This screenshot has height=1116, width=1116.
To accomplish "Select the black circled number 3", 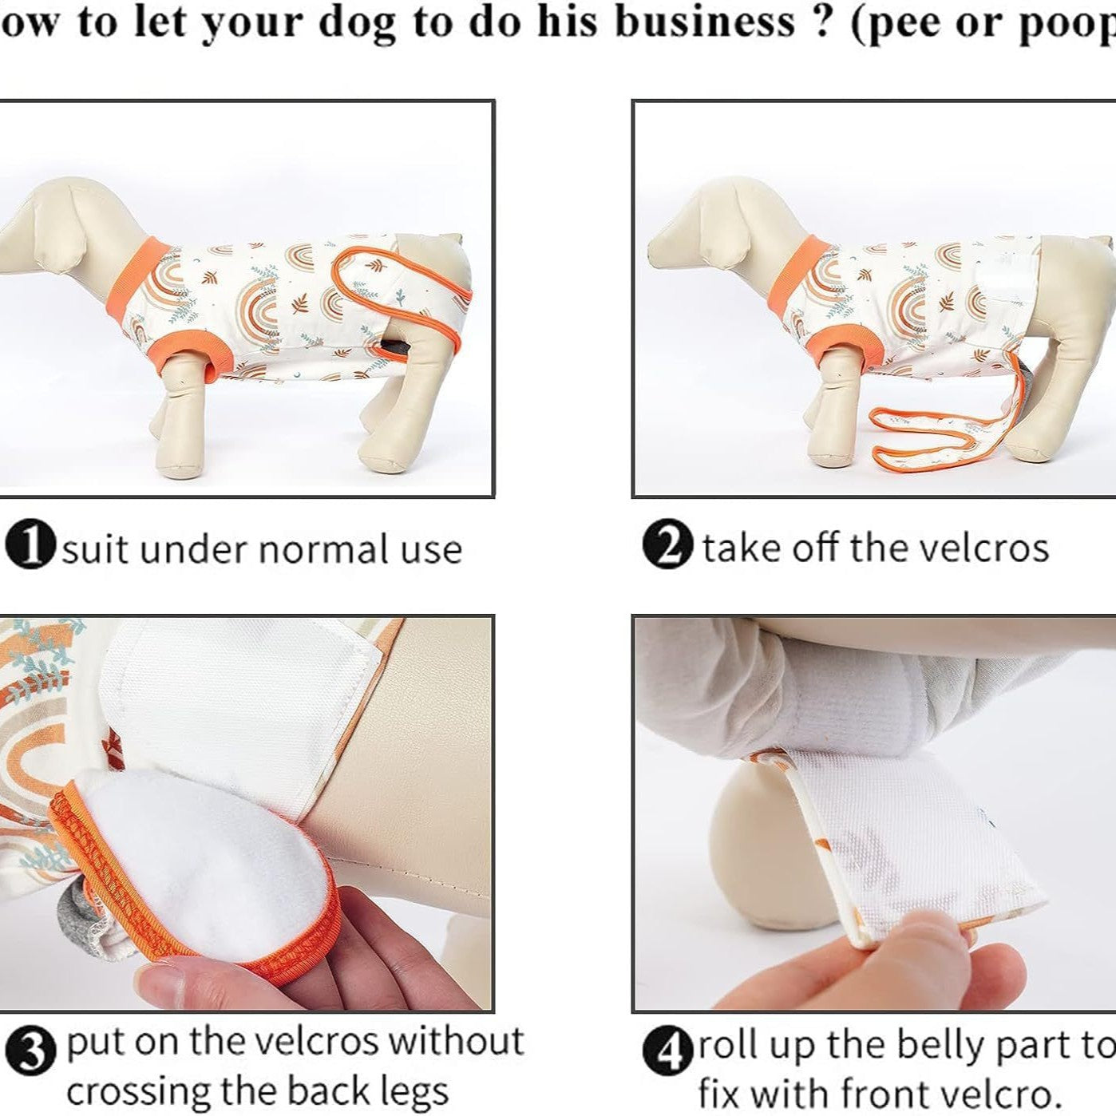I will [x=31, y=1051].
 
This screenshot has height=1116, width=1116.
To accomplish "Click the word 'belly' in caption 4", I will [x=940, y=1046].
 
